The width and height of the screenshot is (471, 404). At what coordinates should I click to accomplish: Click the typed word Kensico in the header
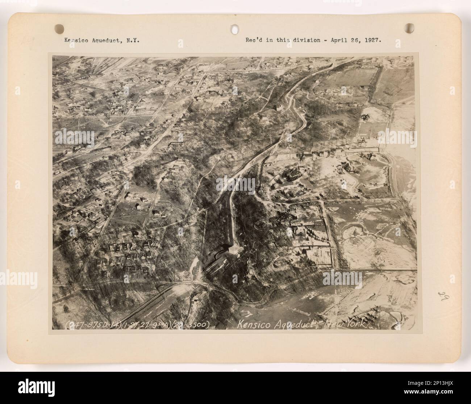75,41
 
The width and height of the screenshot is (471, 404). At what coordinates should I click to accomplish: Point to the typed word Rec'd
254,40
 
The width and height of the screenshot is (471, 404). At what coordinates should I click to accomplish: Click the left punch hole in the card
59,28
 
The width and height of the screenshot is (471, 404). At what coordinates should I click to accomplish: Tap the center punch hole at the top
235,28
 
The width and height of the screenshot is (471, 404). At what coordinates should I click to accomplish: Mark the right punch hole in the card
410,28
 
